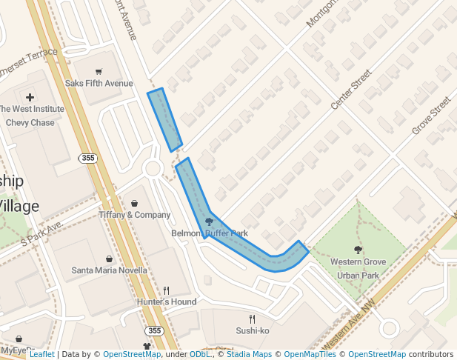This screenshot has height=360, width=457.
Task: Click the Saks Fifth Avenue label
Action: (x=99, y=84)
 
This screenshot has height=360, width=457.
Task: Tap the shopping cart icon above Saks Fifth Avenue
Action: (x=99, y=72)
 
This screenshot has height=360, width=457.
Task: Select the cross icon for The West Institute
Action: (x=30, y=97)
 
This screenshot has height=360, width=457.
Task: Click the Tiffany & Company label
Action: (x=134, y=215)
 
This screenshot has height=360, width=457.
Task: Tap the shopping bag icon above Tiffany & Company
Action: (x=134, y=203)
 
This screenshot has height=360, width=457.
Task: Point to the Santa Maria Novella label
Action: (x=109, y=270)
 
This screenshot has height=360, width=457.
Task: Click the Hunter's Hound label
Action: (x=167, y=302)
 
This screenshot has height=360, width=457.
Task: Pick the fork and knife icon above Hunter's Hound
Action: (x=167, y=290)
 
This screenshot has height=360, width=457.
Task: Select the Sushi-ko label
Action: (x=253, y=330)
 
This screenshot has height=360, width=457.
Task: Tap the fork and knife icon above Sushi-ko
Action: (x=253, y=319)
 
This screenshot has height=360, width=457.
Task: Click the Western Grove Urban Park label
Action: (x=358, y=268)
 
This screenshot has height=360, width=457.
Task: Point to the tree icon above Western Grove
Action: (x=358, y=250)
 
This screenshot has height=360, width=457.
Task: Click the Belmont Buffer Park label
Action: (x=210, y=233)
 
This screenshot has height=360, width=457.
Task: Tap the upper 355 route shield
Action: (x=88, y=159)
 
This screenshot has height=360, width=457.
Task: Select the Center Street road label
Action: (x=351, y=90)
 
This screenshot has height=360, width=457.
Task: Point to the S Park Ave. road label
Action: (x=43, y=232)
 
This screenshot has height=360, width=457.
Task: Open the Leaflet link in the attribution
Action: (x=41, y=355)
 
